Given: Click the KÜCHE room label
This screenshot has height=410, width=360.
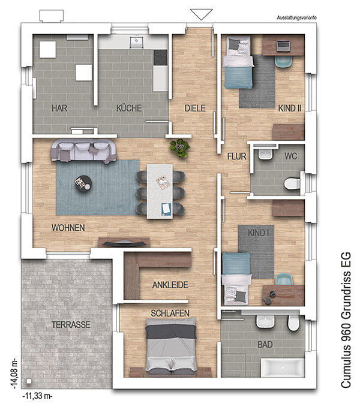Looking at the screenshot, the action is (129, 108).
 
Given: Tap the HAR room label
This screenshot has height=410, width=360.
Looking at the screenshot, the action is (59, 108).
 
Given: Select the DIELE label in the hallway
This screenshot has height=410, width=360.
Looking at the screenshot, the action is (195, 108).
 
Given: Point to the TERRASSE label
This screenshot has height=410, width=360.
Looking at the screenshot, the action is (71, 324).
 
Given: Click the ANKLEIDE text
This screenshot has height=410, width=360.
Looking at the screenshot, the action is (170, 285).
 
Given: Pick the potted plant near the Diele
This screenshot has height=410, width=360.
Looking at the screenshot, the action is (180, 148).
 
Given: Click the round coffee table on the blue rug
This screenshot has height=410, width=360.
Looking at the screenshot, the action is (83, 183).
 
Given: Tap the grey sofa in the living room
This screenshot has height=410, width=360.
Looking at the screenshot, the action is (84, 151).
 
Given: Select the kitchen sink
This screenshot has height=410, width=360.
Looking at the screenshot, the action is (136, 42).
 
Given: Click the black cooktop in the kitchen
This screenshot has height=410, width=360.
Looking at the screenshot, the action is (160, 58).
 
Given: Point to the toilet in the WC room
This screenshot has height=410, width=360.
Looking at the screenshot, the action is (292, 183).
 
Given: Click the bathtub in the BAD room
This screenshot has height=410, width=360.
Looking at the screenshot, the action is (283, 367).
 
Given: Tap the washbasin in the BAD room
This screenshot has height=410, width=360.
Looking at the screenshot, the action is (265, 321).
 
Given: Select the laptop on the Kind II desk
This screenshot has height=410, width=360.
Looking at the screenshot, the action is (283, 46).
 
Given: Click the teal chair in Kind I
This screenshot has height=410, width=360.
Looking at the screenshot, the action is (284, 279).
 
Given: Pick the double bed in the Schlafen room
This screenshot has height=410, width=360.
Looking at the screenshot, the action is (171, 347).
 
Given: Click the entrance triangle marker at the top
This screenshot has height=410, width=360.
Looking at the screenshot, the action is (202, 14).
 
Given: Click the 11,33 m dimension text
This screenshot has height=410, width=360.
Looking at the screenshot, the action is (37, 396).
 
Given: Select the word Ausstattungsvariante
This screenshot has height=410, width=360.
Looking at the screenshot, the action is (296, 17).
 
